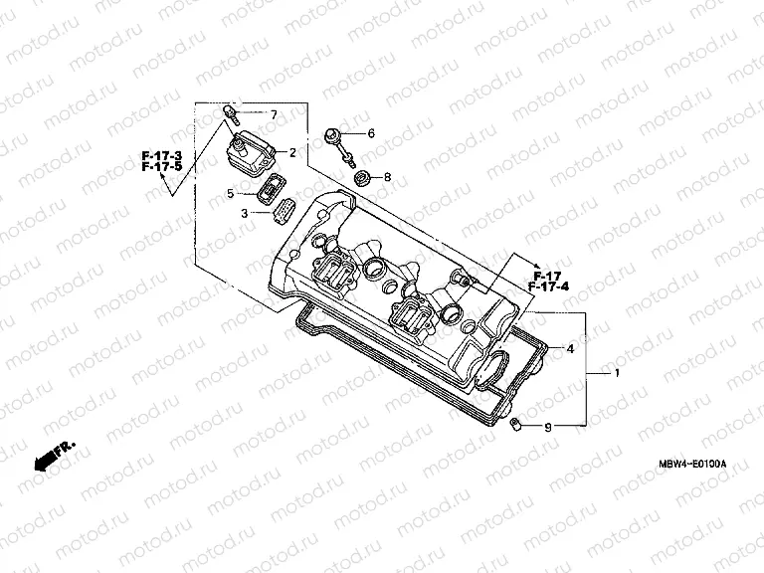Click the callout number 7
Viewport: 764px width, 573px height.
click(276, 115)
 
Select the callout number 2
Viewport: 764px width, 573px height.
click(293, 152)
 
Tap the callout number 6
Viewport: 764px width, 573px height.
click(371, 132)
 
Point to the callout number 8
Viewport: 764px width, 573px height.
click(387, 177)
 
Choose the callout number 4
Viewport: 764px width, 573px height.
click(571, 349)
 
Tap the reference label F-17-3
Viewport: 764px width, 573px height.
click(162, 156)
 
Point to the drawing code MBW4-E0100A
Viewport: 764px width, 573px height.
click(693, 465)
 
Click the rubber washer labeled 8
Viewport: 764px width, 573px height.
click(363, 179)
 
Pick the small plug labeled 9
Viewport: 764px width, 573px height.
click(515, 425)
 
